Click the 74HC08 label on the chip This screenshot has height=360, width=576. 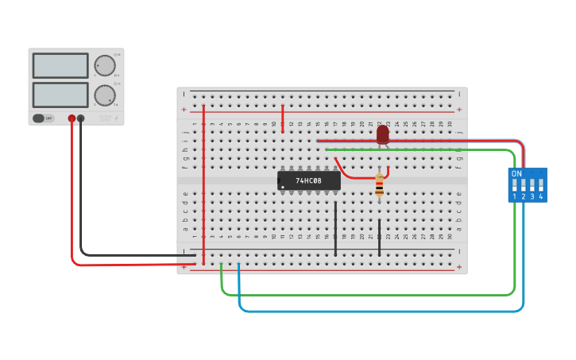(308, 181)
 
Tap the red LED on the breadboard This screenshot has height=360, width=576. (383, 134)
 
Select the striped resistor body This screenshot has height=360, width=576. (379, 186)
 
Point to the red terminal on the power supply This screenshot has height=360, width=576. (72, 118)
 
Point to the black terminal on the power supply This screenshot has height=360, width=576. (81, 118)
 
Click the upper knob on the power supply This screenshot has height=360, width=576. (104, 65)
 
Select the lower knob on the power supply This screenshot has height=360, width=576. (104, 95)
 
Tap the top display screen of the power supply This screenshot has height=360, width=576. (60, 65)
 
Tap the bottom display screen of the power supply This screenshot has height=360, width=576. (60, 95)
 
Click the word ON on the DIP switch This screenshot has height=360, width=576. (516, 173)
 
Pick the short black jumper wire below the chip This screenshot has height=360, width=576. (335, 228)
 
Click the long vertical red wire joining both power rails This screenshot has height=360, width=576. (204, 183)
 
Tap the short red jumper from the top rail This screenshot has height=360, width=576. (282, 118)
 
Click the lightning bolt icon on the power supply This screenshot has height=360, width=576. (117, 118)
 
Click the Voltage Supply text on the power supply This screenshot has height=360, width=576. (105, 118)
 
